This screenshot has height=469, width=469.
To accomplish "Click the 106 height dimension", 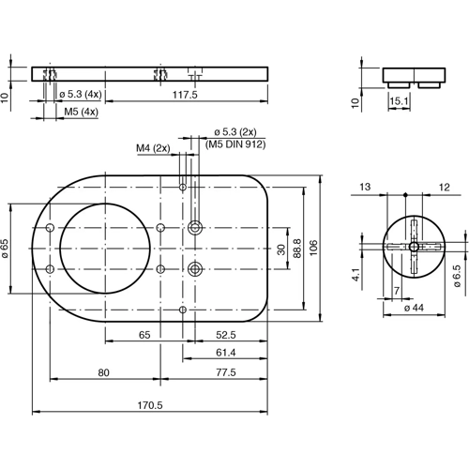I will point(315,249).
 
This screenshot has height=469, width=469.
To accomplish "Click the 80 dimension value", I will point(104,372).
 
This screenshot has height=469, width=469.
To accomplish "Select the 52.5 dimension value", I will point(226,334).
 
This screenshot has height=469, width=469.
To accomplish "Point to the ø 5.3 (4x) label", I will point(81,95).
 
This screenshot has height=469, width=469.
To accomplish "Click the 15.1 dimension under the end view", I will point(398,100).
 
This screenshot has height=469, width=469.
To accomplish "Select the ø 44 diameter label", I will point(414,308).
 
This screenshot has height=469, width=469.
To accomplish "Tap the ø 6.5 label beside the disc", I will point(457,278).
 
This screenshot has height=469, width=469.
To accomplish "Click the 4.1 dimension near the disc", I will point(356,277).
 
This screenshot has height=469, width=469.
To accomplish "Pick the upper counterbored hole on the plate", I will point(195,227).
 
